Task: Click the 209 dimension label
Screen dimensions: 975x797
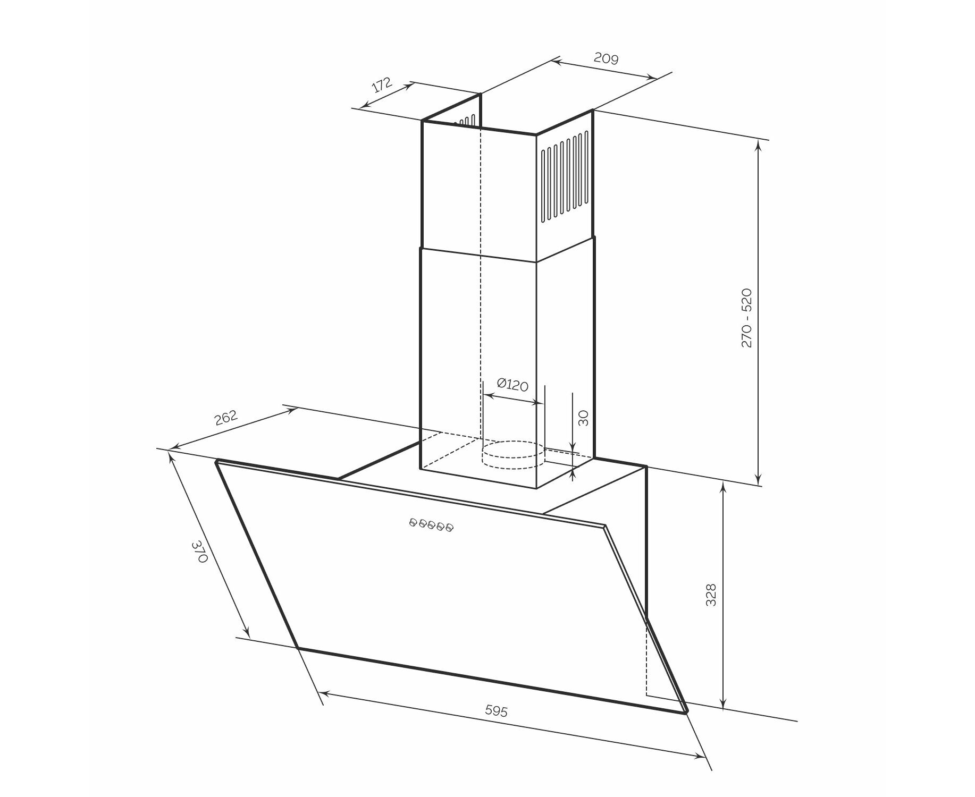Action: point(606,58)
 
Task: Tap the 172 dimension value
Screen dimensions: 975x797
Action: point(381,85)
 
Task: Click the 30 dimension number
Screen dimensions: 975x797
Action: point(583,418)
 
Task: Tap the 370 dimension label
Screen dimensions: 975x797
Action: point(199,552)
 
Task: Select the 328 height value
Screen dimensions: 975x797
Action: point(711,595)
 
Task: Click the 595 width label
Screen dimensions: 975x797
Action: point(497,711)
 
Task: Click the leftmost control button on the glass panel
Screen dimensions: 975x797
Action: point(413,523)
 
